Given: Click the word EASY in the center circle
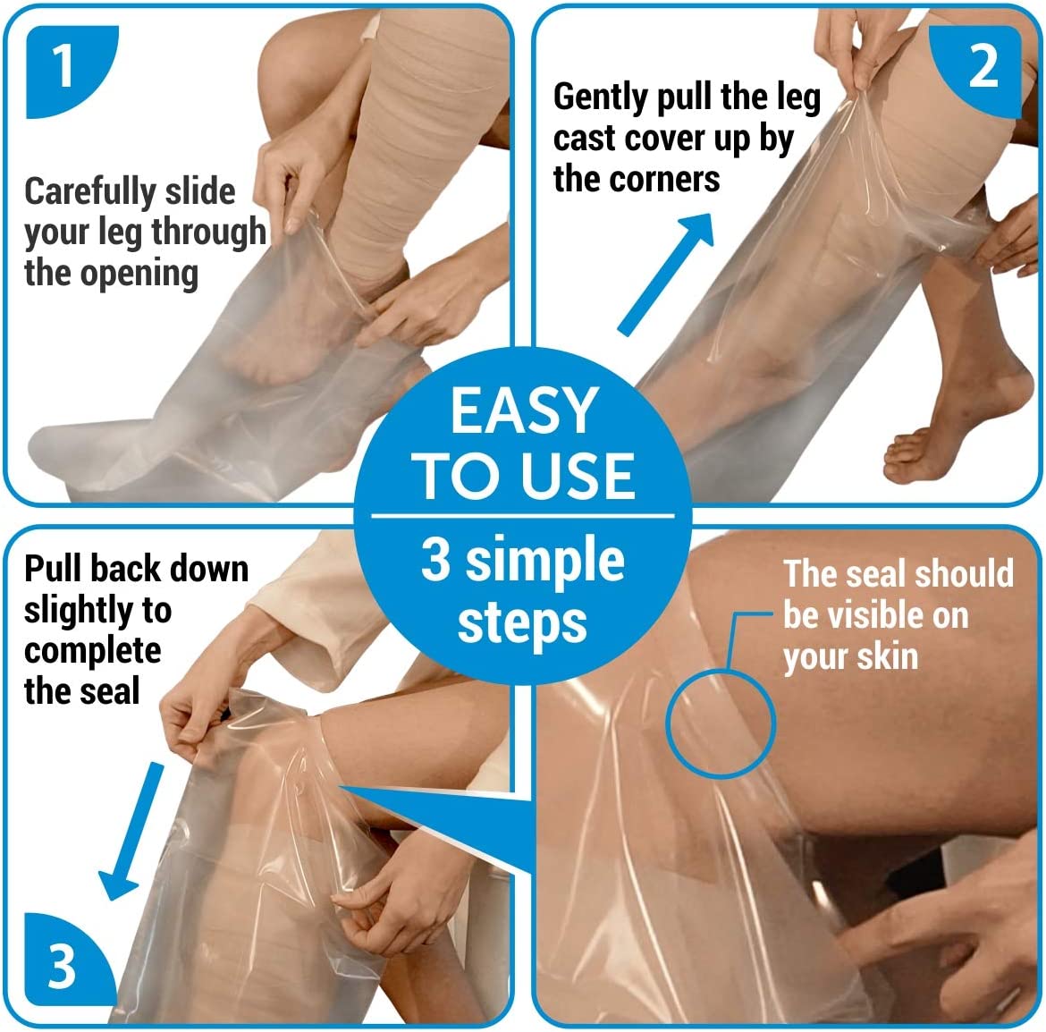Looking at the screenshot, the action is click(x=524, y=410).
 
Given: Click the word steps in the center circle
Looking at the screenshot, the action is click(x=522, y=623).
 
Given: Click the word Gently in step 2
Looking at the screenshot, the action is click(x=601, y=98).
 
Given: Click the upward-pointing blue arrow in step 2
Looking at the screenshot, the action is click(x=665, y=275).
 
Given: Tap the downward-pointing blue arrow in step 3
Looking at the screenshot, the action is click(x=131, y=831).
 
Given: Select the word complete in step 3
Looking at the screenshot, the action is click(x=93, y=653).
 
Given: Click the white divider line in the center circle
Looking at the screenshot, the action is click(x=523, y=516).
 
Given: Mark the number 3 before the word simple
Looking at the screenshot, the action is click(x=435, y=560).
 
